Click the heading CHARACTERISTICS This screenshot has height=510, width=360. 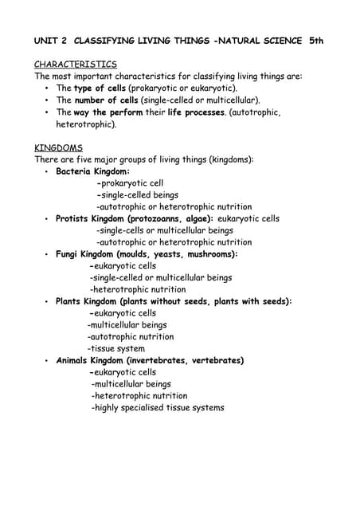pyautogui.click(x=76, y=64)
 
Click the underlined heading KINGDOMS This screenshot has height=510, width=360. pyautogui.click(x=58, y=147)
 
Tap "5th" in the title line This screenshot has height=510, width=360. pyautogui.click(x=316, y=39)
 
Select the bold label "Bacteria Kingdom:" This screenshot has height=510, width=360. pyautogui.click(x=92, y=171)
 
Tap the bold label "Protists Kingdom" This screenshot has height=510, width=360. pyautogui.click(x=90, y=218)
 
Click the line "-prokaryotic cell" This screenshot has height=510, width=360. pyautogui.click(x=129, y=183)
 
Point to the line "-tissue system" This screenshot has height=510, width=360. pyautogui.click(x=116, y=348)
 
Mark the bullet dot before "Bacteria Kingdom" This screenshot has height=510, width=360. pyautogui.click(x=47, y=171)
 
